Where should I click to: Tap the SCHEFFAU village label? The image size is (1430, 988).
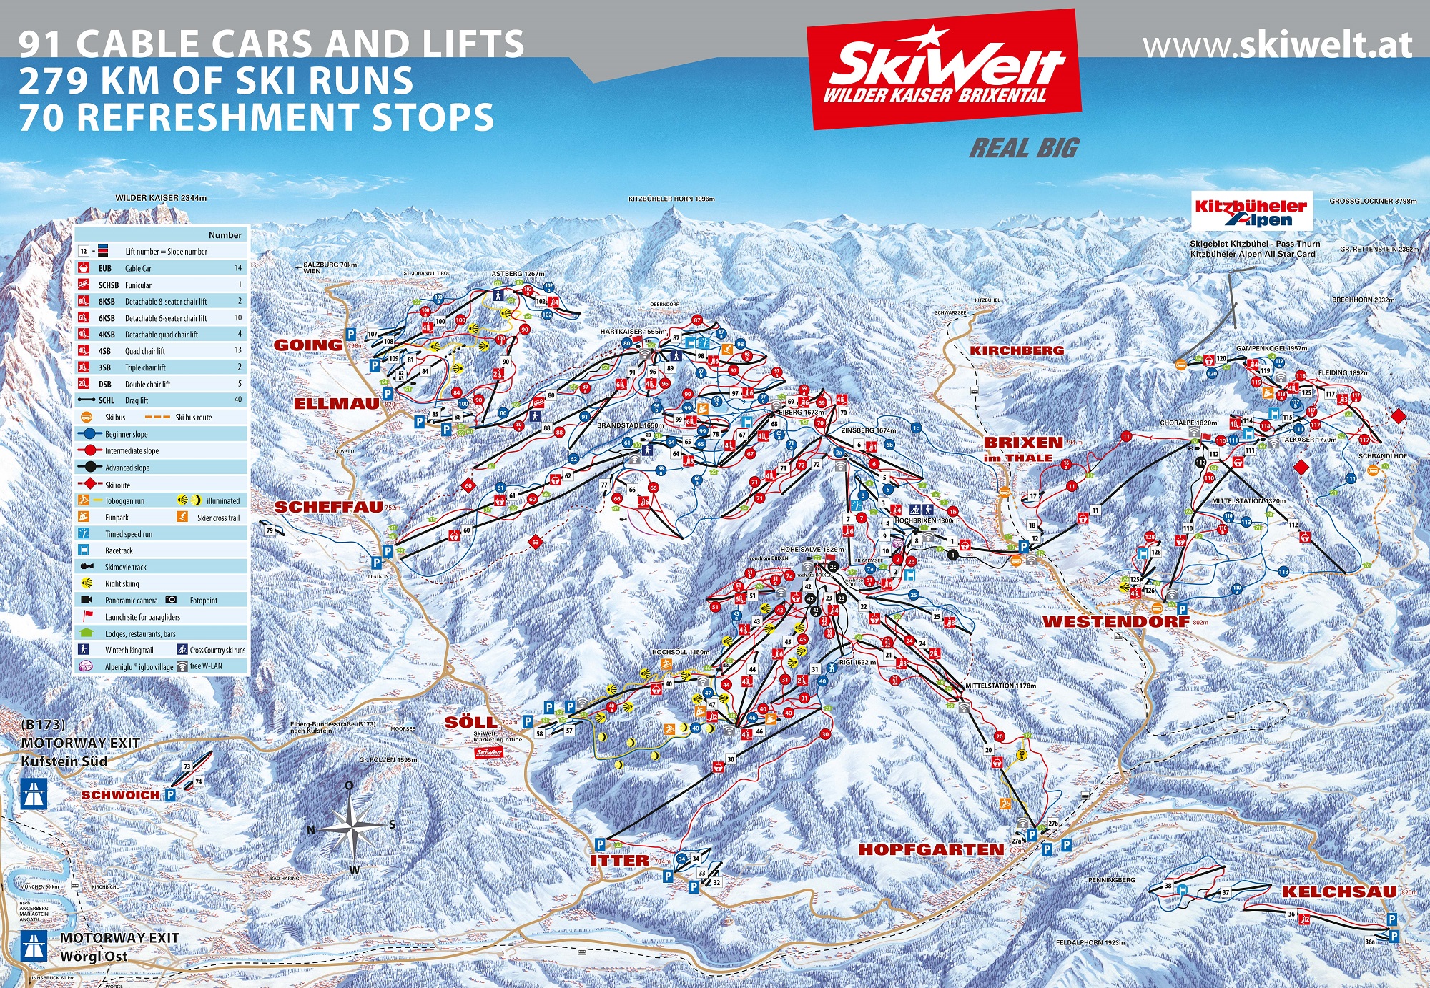point(328,507)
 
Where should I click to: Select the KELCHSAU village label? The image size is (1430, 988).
point(1338,891)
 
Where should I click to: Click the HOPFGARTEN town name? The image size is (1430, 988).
point(931,849)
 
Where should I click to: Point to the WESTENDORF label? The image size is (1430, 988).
point(1115,622)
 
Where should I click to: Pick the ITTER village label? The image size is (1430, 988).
point(620,861)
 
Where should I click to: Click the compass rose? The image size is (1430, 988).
point(351,827)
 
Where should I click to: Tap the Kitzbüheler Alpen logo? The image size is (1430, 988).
point(1251,212)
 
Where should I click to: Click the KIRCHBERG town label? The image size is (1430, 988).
point(1017,350)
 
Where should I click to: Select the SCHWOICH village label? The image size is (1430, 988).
point(120,795)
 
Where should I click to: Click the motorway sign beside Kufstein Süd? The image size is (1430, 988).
point(34,794)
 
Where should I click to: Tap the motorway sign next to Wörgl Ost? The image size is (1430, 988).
point(34,945)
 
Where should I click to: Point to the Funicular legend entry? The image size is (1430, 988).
point(138,285)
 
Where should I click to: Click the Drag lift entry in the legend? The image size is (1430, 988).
point(136,401)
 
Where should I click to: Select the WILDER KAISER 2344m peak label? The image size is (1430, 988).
point(161,198)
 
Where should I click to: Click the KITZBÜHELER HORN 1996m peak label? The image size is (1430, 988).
point(671,199)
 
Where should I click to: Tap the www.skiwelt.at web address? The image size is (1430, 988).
point(1277,46)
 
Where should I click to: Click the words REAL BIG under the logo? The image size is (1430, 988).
point(1024,149)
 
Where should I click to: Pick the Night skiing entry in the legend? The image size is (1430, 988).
point(122,584)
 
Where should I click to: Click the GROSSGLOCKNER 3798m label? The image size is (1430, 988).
point(1373,202)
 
